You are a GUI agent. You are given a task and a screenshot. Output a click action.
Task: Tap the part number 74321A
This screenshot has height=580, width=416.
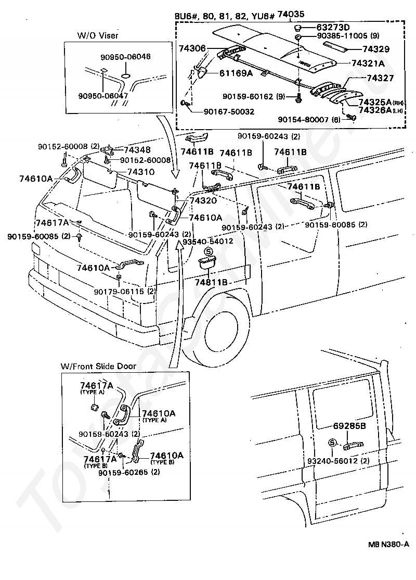368,64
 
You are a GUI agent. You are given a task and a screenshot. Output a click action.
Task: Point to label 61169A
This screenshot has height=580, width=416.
235,73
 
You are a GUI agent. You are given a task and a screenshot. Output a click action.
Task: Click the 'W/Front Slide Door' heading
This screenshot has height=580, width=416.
99,366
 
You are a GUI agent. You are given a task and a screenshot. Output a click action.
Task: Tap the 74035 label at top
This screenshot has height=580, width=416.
291,15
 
